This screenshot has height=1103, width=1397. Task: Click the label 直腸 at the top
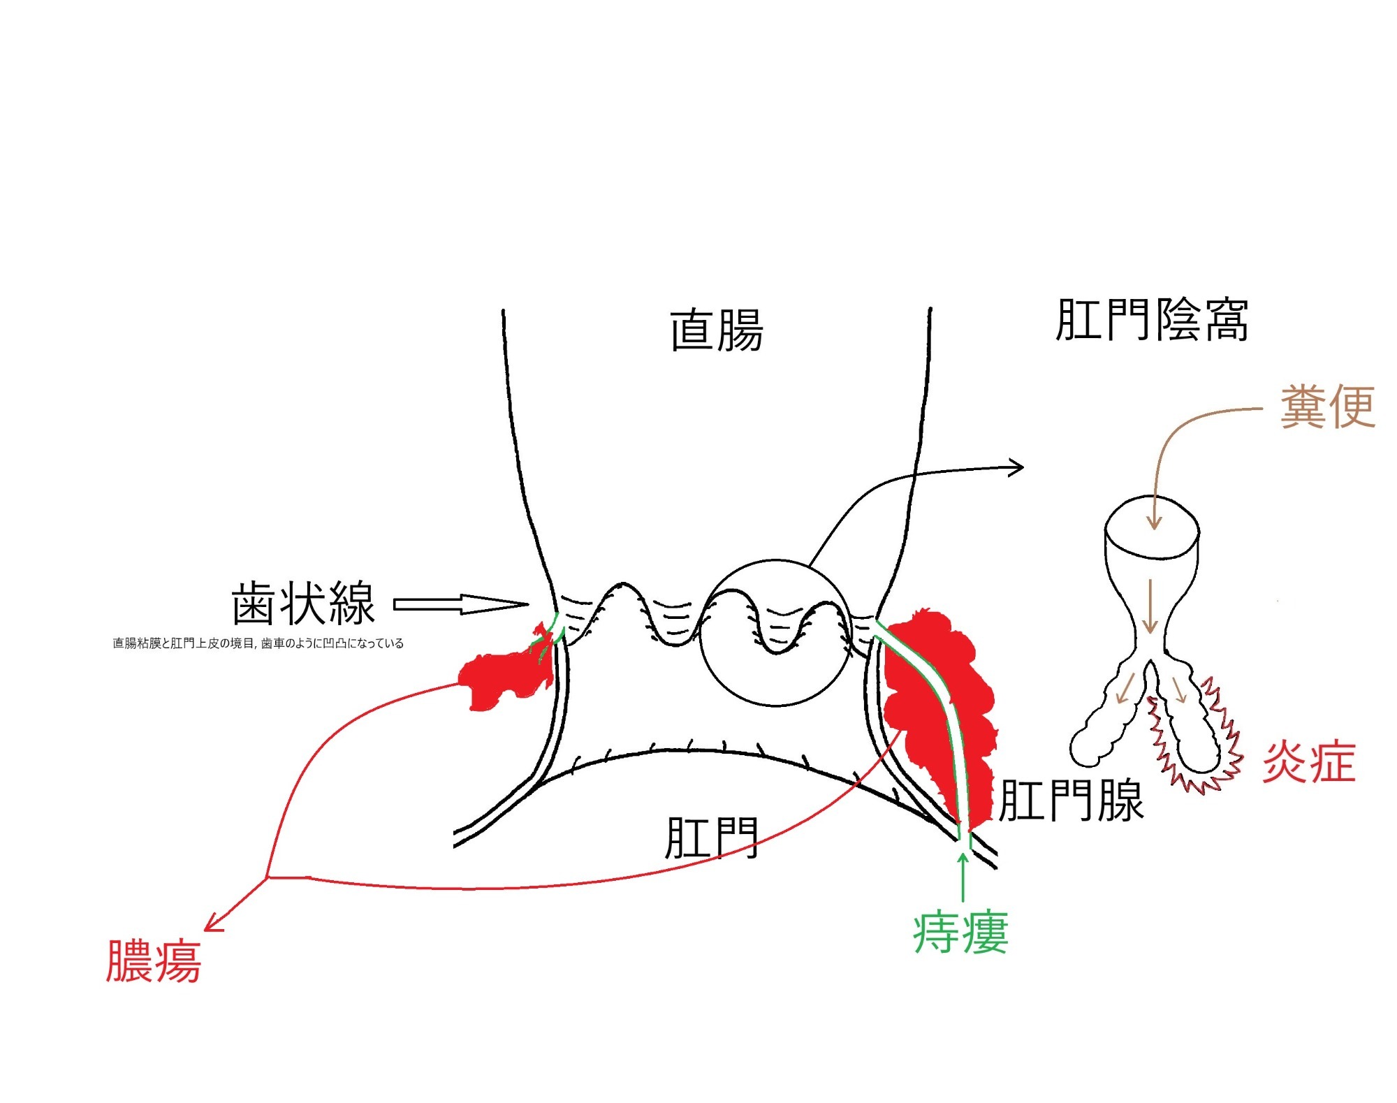(716, 330)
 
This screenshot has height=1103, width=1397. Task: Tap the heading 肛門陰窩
(1152, 321)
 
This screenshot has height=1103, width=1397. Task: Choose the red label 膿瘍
(154, 962)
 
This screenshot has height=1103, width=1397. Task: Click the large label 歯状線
(304, 603)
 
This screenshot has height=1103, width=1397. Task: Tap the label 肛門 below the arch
(711, 838)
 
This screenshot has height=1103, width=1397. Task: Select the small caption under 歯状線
(258, 643)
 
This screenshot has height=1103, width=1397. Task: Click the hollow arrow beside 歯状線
(461, 604)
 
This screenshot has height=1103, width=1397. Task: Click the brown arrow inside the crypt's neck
(1150, 606)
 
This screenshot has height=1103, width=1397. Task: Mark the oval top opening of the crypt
(1152, 527)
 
